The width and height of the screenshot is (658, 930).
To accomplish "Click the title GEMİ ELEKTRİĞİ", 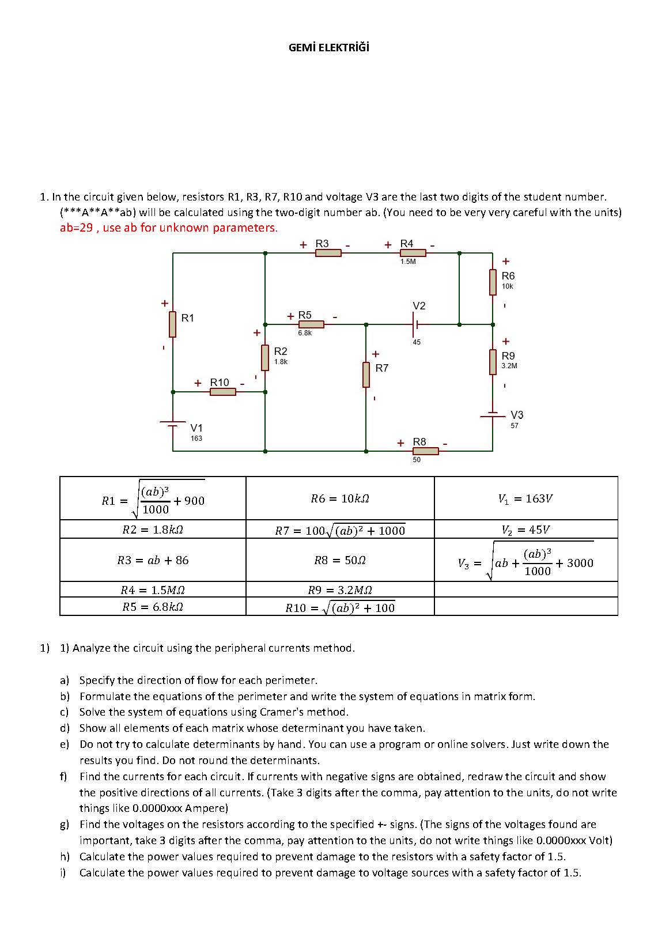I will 328,48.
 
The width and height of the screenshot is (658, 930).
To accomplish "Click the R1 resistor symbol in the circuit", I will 172,324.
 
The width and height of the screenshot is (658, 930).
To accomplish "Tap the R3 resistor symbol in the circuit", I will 328,252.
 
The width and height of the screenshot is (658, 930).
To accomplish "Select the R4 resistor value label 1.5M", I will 408,262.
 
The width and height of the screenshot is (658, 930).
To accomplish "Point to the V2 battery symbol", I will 415,324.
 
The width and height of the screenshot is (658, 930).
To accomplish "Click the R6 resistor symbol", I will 493,282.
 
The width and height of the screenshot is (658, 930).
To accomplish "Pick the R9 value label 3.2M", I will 509,366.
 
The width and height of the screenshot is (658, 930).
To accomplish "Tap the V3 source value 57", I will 515,426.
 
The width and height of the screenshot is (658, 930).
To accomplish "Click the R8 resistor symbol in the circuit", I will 425,451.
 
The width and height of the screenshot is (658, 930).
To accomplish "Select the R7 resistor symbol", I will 366,375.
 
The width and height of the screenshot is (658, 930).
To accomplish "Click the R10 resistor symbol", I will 222,392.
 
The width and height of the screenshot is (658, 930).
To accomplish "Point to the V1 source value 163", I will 196,438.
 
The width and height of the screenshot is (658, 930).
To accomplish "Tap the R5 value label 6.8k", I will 305,333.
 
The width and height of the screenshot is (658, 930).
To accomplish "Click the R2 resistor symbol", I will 265,358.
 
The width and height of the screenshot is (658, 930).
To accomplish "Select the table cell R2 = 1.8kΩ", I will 153,530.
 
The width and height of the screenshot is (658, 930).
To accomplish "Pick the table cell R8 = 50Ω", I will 340,560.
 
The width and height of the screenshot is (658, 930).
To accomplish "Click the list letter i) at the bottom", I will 63,872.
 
